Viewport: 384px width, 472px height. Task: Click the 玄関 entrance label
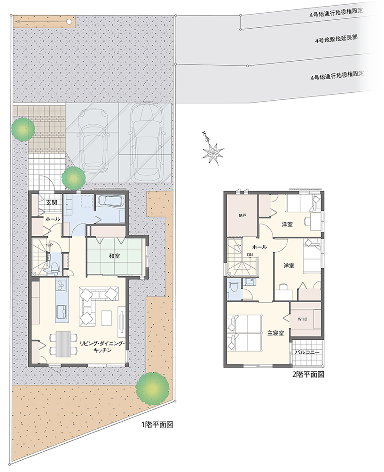click(52, 202)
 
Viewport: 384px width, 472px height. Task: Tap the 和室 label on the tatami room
click(114, 256)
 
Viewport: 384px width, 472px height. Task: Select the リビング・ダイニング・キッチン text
click(102, 346)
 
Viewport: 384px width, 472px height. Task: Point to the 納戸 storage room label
click(243, 216)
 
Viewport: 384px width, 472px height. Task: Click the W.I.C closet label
click(303, 319)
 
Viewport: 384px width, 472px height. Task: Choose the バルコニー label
click(307, 352)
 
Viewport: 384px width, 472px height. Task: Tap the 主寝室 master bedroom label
click(276, 333)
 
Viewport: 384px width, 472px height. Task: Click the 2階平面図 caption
click(308, 375)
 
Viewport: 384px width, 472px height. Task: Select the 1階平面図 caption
click(157, 425)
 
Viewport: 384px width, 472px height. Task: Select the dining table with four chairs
click(63, 344)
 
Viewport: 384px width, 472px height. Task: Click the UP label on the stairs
click(50, 245)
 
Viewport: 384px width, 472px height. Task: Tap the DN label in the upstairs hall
click(250, 255)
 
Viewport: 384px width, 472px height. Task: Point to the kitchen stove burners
click(62, 285)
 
